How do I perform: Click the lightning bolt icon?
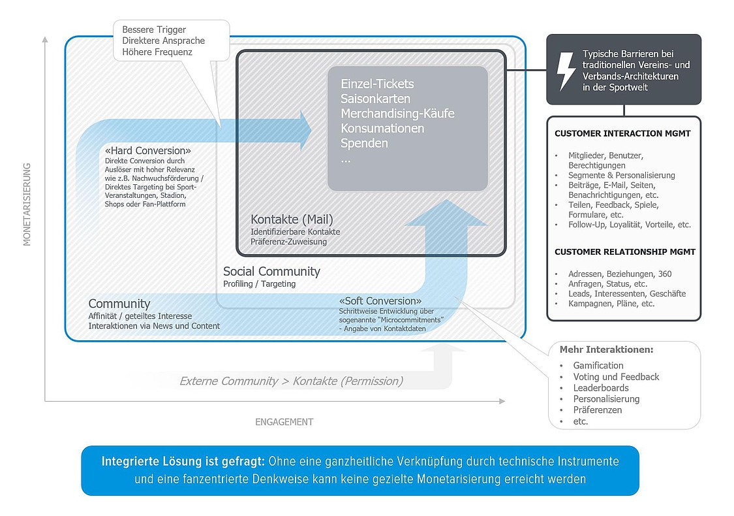pyautogui.click(x=566, y=71)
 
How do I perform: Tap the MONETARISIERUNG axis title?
pyautogui.click(x=27, y=204)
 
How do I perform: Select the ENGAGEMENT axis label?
pyautogui.click(x=284, y=422)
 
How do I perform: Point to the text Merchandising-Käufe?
pyautogui.click(x=397, y=114)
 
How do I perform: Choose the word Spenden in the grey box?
pyautogui.click(x=364, y=143)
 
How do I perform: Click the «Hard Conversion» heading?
pyautogui.click(x=148, y=150)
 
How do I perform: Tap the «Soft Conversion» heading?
pyautogui.click(x=380, y=301)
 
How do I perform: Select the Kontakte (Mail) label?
pyautogui.click(x=292, y=219)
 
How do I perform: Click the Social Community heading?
pyautogui.click(x=271, y=271)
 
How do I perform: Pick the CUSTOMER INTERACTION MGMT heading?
pyautogui.click(x=622, y=133)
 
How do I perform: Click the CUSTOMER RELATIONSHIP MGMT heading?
pyautogui.click(x=625, y=251)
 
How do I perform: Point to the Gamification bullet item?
pyautogui.click(x=598, y=366)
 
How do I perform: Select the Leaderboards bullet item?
pyautogui.click(x=601, y=387)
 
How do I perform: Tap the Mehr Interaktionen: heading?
pyautogui.click(x=606, y=349)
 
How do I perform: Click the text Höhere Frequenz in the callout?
pyautogui.click(x=157, y=52)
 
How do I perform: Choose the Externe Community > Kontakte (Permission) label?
pyautogui.click(x=291, y=381)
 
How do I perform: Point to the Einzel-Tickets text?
pyautogui.click(x=377, y=84)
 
